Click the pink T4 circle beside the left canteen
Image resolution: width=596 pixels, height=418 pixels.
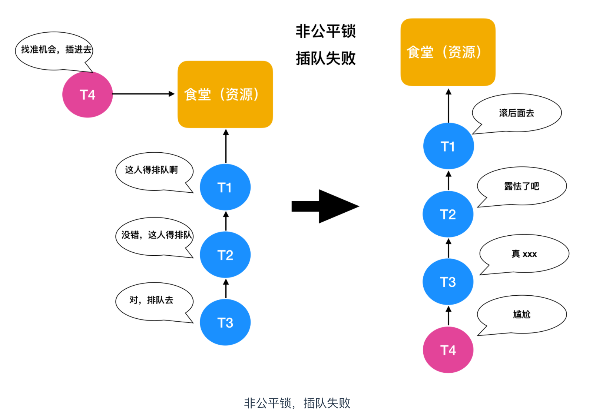(x=87, y=94)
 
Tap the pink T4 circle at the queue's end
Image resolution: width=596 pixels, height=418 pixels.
(x=448, y=350)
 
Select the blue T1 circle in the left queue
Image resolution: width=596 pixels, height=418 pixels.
(x=225, y=187)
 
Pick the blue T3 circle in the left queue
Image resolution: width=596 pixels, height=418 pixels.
(x=225, y=322)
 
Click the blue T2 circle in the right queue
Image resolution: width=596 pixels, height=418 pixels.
(x=448, y=214)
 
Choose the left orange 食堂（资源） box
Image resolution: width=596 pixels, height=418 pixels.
(x=225, y=94)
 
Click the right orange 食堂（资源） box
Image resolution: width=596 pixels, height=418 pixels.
(x=448, y=52)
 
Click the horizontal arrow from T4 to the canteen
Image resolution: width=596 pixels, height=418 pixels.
(x=143, y=94)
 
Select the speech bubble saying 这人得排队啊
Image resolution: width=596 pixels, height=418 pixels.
(x=153, y=170)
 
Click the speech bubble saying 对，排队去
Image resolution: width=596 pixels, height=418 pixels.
(x=153, y=301)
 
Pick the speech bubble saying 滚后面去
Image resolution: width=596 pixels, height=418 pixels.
(x=517, y=113)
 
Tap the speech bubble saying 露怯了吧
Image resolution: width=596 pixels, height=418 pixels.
(x=521, y=186)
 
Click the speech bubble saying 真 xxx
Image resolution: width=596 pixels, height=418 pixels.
(x=524, y=254)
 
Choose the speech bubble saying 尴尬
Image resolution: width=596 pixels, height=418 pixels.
(x=521, y=314)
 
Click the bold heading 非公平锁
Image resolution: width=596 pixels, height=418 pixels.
(x=325, y=31)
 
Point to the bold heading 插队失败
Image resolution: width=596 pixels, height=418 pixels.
(x=325, y=58)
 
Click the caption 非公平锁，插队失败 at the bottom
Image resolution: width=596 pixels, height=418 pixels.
(x=297, y=403)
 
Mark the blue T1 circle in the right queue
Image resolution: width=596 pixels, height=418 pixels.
(x=448, y=146)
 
